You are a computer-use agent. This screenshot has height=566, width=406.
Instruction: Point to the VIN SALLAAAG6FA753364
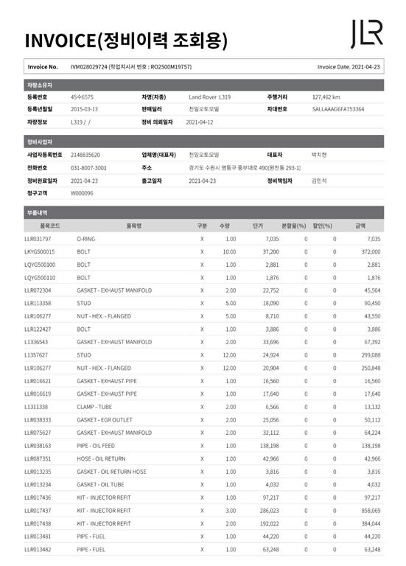coord(338,109)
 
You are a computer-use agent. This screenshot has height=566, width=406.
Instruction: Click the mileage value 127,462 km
coord(326,97)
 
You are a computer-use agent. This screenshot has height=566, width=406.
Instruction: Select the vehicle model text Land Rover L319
coord(210,97)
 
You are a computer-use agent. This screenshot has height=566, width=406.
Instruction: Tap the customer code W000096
coord(83,193)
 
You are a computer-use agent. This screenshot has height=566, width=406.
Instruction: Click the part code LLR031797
coord(38,240)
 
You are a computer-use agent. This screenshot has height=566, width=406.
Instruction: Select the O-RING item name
coord(86,240)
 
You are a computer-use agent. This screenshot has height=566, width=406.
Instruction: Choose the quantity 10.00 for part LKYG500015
coord(229,252)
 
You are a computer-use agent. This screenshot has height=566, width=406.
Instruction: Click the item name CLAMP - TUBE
coord(95,407)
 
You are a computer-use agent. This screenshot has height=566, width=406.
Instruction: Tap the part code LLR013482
coord(38,549)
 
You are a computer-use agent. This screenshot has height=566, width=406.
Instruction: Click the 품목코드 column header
coord(52,226)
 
